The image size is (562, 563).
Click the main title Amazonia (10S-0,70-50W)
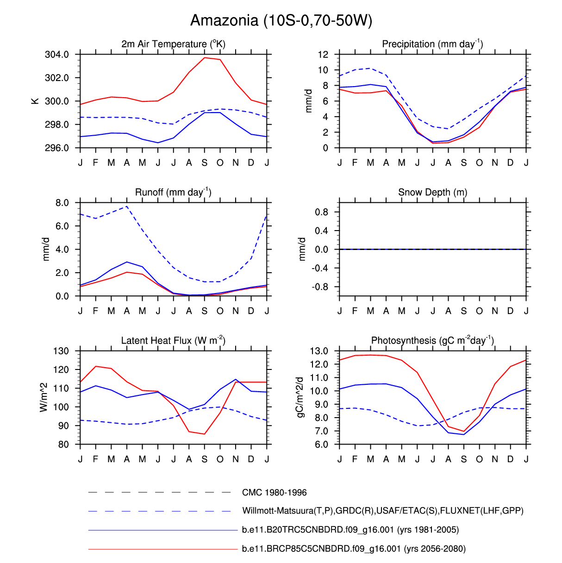tap(281, 20)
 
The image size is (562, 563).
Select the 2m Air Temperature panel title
tap(173, 44)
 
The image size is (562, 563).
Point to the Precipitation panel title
tap(432, 44)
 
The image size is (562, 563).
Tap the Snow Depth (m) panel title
tap(432, 192)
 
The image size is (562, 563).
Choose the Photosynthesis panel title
tap(432, 341)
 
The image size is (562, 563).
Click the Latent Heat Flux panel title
tap(173, 341)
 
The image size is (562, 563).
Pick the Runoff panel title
tap(173, 192)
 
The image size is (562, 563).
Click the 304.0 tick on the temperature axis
tap(57, 55)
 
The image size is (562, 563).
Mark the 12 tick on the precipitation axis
tap(323, 55)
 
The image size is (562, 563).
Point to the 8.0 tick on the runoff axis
tap(62, 203)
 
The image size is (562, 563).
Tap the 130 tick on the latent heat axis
tap(61, 351)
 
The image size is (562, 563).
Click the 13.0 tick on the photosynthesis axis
tap(319, 351)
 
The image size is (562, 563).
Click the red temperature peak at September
tap(205, 58)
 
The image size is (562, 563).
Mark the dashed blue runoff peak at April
tap(127, 206)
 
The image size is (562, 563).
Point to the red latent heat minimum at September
tap(205, 434)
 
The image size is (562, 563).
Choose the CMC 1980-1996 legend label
tap(274, 493)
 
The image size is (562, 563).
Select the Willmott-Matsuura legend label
tap(382, 511)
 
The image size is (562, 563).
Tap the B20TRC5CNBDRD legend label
tap(350, 530)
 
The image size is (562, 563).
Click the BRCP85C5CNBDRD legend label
tap(354, 549)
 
